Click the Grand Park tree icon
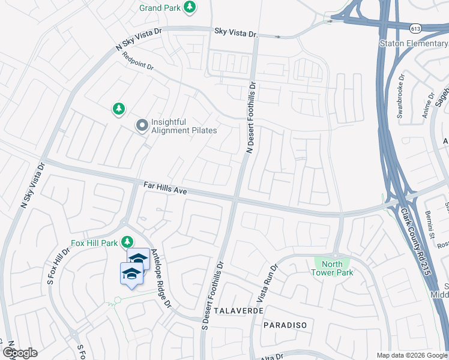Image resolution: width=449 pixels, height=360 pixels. pos(190,7)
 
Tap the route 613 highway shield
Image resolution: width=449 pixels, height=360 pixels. pos(415,28)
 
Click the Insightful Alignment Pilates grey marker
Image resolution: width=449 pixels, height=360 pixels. pos(142,125)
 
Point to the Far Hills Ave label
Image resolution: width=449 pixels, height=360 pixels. pos(166,188)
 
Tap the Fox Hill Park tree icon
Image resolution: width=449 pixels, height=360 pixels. pos(127,242)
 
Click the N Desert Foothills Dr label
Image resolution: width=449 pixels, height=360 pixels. pos(251,118)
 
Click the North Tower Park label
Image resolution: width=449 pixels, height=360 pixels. pos(332,268)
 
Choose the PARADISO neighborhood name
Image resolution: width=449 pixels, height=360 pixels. pos(285,325)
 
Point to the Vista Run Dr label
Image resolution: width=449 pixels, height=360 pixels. pos(267,284)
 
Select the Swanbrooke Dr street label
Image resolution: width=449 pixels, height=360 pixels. pos(400,98)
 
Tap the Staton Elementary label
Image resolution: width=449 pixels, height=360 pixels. pos(414,43)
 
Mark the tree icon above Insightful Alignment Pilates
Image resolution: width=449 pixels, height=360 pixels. pos(119,109)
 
